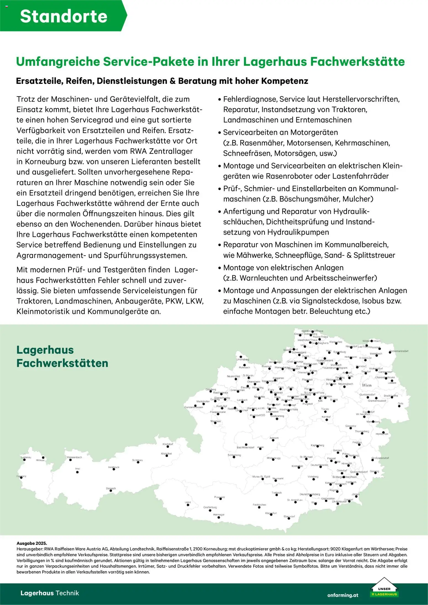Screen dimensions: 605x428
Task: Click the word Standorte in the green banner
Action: pyautogui.click(x=64, y=16)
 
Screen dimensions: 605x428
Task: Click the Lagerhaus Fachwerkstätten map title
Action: pyautogui.click(x=62, y=356)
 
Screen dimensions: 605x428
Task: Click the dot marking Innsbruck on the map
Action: pyautogui.click(x=114, y=469)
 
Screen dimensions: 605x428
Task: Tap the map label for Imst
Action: pyautogui.click(x=77, y=468)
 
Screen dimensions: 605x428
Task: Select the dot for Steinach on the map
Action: pyautogui.click(x=111, y=490)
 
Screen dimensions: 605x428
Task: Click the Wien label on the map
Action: pyautogui.click(x=366, y=385)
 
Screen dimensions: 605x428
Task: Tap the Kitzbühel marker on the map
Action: pyautogui.click(x=167, y=456)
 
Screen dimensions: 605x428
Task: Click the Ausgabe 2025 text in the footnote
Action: pyautogui.click(x=32, y=543)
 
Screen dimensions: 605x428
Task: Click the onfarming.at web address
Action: pyautogui.click(x=342, y=595)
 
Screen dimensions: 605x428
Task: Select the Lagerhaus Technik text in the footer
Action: pyautogui.click(x=50, y=593)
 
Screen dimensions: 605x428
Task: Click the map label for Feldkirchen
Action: pyautogui.click(x=259, y=505)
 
